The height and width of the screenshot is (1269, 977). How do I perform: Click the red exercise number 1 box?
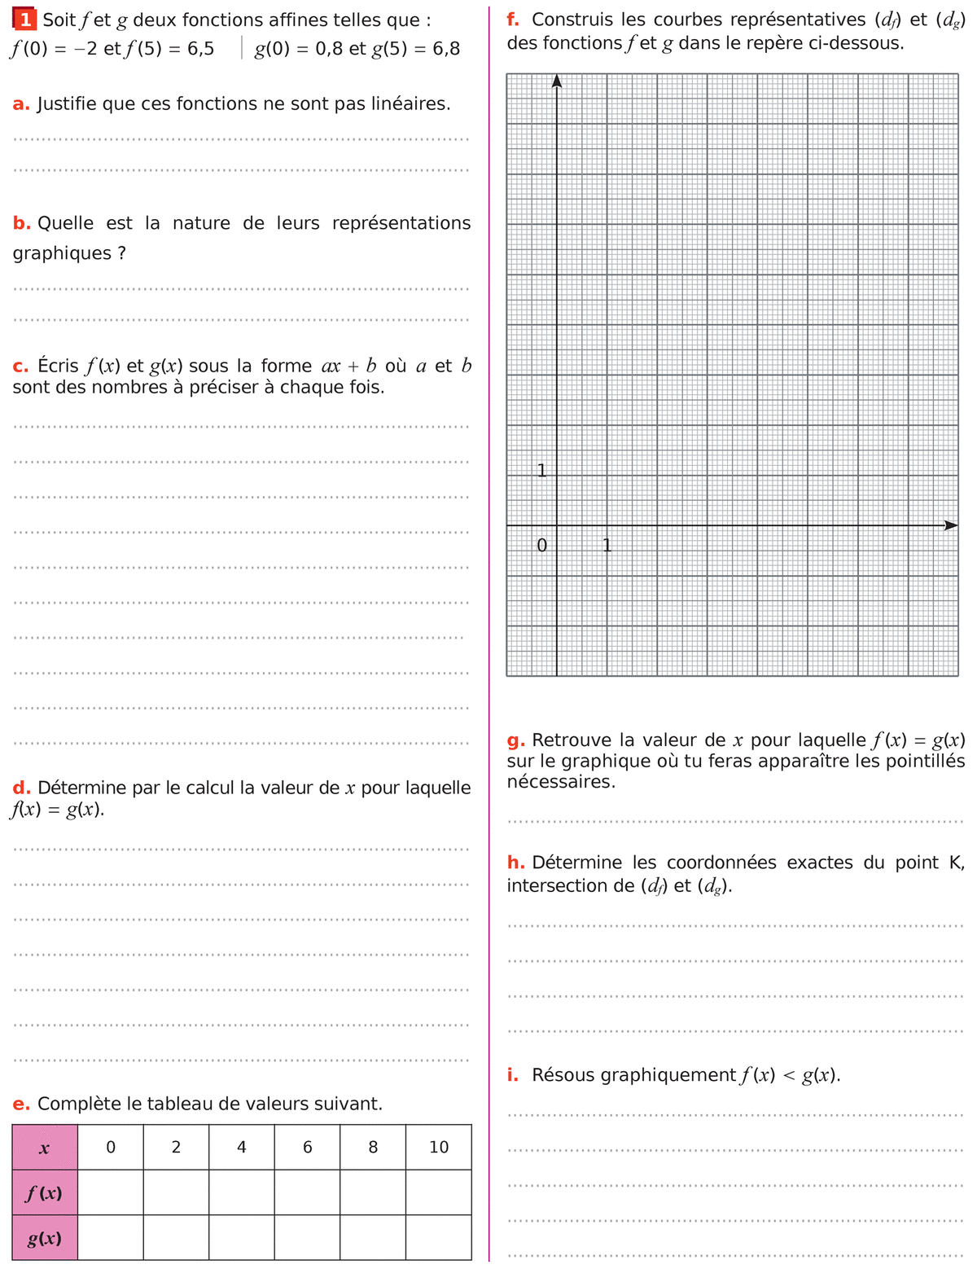[25, 20]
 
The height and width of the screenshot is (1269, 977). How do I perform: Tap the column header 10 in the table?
[438, 1147]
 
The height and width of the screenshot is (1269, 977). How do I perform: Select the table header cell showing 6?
[307, 1147]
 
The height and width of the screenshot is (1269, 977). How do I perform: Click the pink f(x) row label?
[45, 1193]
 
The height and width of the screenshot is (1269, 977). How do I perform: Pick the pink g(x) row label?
[45, 1238]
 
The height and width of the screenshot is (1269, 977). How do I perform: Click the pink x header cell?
[45, 1148]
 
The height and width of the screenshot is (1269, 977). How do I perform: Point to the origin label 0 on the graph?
[542, 545]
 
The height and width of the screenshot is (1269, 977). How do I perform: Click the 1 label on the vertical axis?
[541, 470]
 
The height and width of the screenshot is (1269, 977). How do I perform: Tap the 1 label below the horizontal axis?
[607, 545]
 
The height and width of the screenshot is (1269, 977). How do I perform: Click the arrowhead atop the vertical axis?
[557, 80]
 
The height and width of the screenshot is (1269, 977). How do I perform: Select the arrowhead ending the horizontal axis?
[950, 525]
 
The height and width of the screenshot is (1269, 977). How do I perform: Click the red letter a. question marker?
[21, 103]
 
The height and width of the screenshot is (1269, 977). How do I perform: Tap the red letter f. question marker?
[513, 20]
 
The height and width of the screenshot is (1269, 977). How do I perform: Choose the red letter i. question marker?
[512, 1074]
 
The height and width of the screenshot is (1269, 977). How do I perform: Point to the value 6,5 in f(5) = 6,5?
[200, 49]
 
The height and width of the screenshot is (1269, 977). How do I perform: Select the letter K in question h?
[956, 863]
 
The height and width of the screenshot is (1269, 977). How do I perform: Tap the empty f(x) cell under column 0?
[111, 1193]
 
